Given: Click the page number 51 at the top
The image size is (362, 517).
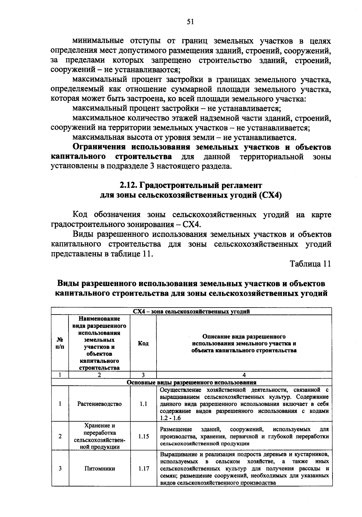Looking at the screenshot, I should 190,22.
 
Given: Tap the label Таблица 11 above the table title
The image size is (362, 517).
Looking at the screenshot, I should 310,263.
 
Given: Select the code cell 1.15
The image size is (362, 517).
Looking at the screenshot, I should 143,436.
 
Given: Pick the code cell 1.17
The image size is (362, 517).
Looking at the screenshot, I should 143,469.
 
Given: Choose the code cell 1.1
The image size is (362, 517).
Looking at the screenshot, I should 143,404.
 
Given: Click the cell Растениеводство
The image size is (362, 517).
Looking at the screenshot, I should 99,404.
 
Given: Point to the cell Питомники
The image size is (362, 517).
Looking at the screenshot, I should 99,469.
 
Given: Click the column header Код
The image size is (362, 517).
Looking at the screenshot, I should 143,343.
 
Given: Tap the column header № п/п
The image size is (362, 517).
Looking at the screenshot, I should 60,343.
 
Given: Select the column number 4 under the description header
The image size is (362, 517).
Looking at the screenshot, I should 244,375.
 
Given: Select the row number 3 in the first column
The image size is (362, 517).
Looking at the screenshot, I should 60,469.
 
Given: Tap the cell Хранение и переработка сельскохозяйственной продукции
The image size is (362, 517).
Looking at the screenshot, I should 99,436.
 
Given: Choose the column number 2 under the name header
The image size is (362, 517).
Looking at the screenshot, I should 99,375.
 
